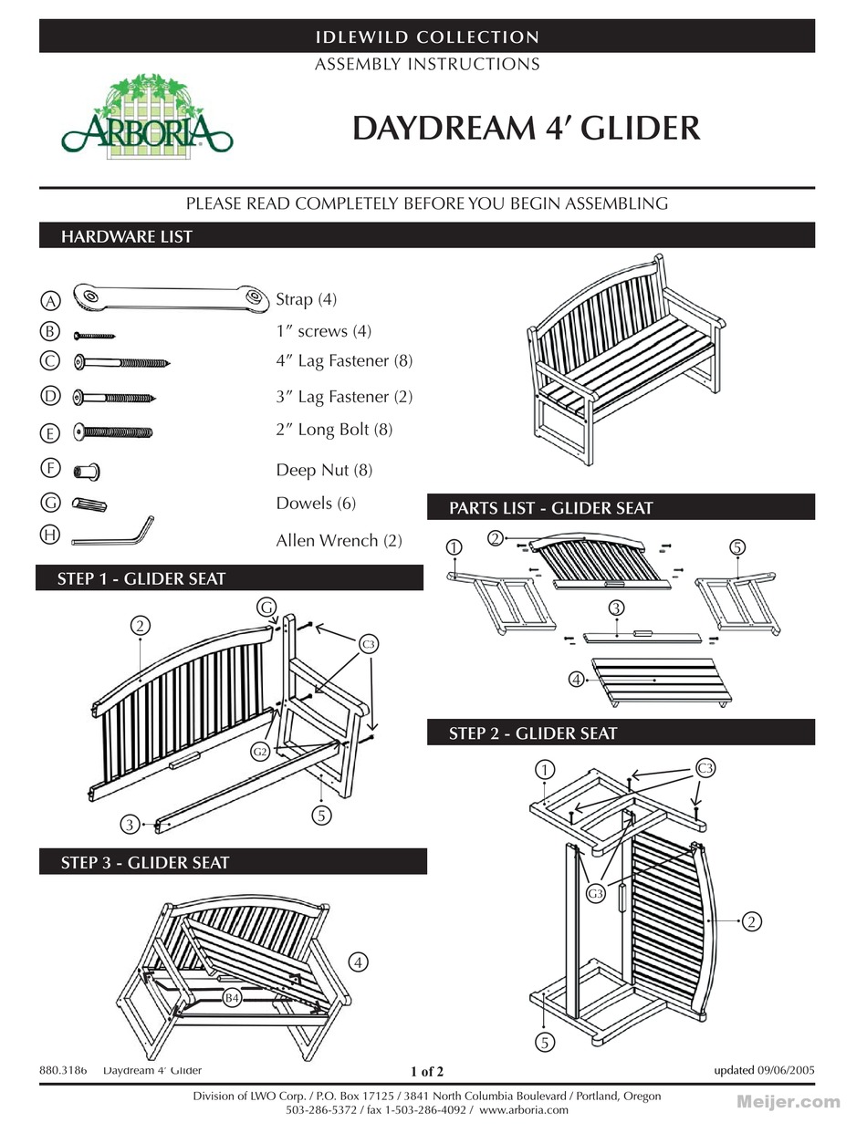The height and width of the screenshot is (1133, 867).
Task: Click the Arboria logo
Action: coord(146,119)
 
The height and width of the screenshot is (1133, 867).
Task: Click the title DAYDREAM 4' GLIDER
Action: coord(527,129)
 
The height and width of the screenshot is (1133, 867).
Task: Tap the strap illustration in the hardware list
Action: coord(171,296)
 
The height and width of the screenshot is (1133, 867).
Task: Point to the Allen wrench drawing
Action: coord(111,535)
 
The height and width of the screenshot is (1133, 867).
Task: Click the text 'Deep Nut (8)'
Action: coord(324,471)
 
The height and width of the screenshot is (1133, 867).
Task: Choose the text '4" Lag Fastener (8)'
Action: coord(344,361)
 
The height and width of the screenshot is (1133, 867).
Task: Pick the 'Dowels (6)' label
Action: coord(316,504)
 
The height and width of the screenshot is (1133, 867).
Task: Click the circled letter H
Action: coord(51,535)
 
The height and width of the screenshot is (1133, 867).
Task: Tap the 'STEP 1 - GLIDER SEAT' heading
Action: coord(141,578)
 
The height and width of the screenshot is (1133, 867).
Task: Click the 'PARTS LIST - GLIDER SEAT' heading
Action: coord(551,508)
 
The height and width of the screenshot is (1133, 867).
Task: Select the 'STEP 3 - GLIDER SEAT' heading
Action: coord(145,862)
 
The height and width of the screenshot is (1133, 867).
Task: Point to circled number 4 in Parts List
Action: coord(576,679)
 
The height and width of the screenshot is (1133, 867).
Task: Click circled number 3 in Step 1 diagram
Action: coord(131,825)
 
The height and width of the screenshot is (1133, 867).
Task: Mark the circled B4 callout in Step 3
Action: coord(233,999)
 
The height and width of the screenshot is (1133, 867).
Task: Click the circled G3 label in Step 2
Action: coord(595,894)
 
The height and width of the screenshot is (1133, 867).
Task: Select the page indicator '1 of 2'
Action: coord(427,1071)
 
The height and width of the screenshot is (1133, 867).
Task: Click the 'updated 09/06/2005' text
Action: coord(764,1070)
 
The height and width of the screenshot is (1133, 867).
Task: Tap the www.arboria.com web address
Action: coord(523,1110)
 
